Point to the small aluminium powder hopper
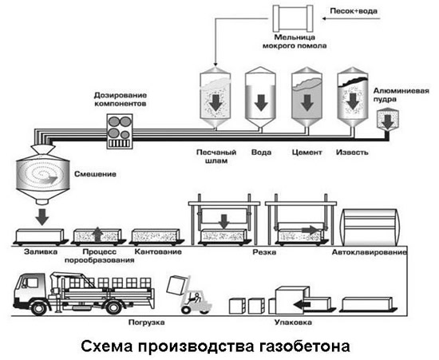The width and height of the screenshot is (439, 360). click(x=389, y=120)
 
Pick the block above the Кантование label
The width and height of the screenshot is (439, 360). click(x=154, y=236)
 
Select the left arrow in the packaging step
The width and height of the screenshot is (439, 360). click(x=299, y=303)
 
